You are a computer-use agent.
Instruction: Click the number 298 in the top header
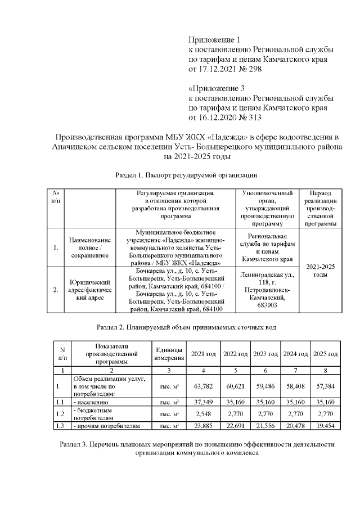[x=254, y=69]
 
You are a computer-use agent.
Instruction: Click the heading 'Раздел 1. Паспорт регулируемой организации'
[x=182, y=175]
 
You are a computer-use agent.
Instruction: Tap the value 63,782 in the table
[x=204, y=386]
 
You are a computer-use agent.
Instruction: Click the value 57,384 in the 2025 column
[x=325, y=386]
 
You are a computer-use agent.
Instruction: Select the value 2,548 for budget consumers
[x=204, y=413]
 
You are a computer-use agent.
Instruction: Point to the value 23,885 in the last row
[x=204, y=426]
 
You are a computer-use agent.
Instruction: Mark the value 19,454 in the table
[x=325, y=426]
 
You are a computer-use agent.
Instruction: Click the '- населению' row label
[x=90, y=402]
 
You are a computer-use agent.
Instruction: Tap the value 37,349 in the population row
[x=204, y=402]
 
